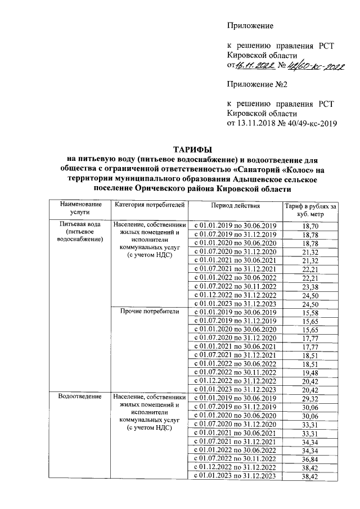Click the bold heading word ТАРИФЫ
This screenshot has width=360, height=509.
(x=192, y=149)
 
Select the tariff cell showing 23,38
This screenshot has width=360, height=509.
(x=310, y=287)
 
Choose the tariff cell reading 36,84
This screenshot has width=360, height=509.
(x=310, y=460)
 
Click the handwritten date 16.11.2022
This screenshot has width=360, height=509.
(x=256, y=65)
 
